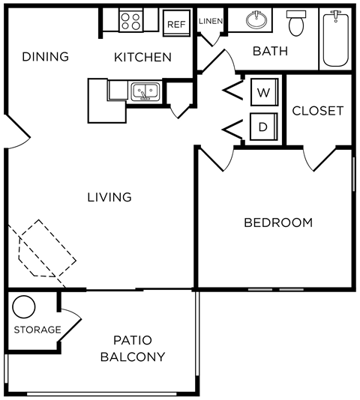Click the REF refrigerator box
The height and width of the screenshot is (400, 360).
coord(176,24)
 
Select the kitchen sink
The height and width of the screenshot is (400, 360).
coord(144,92)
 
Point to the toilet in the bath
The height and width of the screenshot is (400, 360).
coord(298,24)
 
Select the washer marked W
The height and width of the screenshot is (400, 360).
coord(263,92)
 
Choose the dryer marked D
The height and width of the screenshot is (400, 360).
coord(263,127)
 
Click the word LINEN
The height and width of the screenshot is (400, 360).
coord(211,21)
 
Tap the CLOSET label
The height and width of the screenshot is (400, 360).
coord(317,111)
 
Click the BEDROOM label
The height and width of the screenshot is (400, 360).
coord(278,222)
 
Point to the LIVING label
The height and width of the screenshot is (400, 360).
coord(109,198)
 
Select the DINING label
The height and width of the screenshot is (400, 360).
coord(45,57)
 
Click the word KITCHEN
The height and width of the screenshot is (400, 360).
coord(142,57)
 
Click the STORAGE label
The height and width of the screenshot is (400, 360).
coord(37,330)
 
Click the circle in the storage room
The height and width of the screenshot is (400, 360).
coord(24,307)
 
